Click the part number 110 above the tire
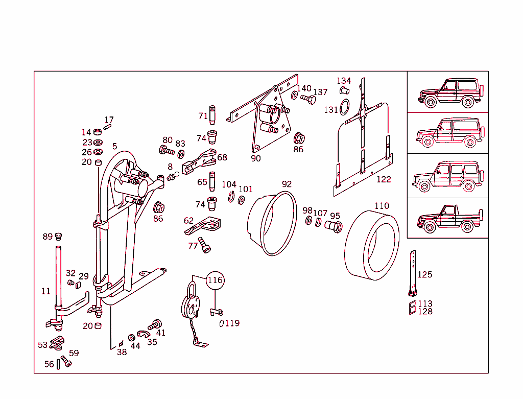[x=382, y=206]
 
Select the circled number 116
[x=215, y=280]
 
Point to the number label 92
[x=287, y=184]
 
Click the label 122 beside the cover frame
[x=384, y=179]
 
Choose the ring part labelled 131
[x=345, y=108]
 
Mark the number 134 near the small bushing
[x=344, y=81]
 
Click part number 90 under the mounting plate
[x=255, y=158]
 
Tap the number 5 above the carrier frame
[x=115, y=147]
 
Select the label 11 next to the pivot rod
[x=46, y=291]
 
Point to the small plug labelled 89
[x=58, y=236]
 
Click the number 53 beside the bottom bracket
[x=43, y=345]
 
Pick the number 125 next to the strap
[x=424, y=275]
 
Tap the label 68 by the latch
[x=222, y=157]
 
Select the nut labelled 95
[x=333, y=226]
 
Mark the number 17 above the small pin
[x=109, y=120]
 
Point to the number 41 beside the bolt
[x=161, y=333]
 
